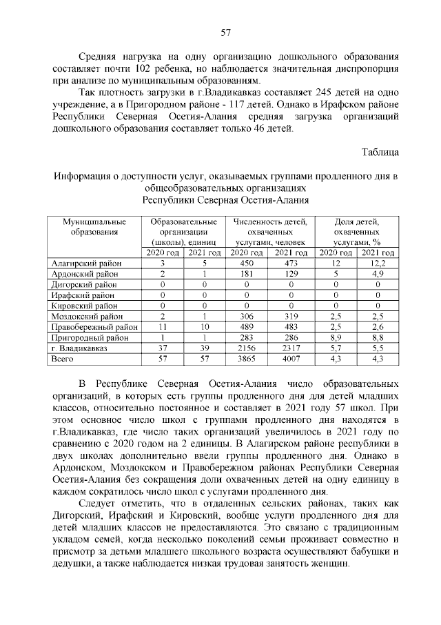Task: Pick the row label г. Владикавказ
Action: click(x=79, y=349)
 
